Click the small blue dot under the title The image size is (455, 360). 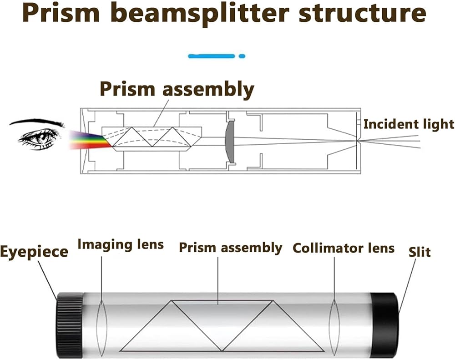242,56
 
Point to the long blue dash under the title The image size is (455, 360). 212,56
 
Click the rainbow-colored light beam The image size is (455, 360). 89,139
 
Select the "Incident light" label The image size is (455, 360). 409,124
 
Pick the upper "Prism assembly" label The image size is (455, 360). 177,89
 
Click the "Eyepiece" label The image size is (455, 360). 34,251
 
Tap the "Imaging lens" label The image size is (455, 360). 121,244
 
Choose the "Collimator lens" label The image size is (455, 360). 344,248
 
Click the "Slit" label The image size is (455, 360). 419,251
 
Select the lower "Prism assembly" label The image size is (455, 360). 230,248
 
